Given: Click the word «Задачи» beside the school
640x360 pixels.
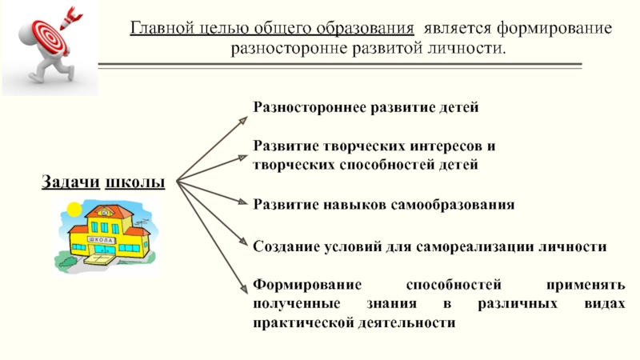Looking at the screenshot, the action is click(70, 183).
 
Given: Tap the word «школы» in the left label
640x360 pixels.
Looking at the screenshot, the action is click(136, 183).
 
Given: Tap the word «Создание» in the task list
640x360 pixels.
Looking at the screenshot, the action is click(284, 247).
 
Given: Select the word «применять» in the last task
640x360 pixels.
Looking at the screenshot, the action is click(593, 285).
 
